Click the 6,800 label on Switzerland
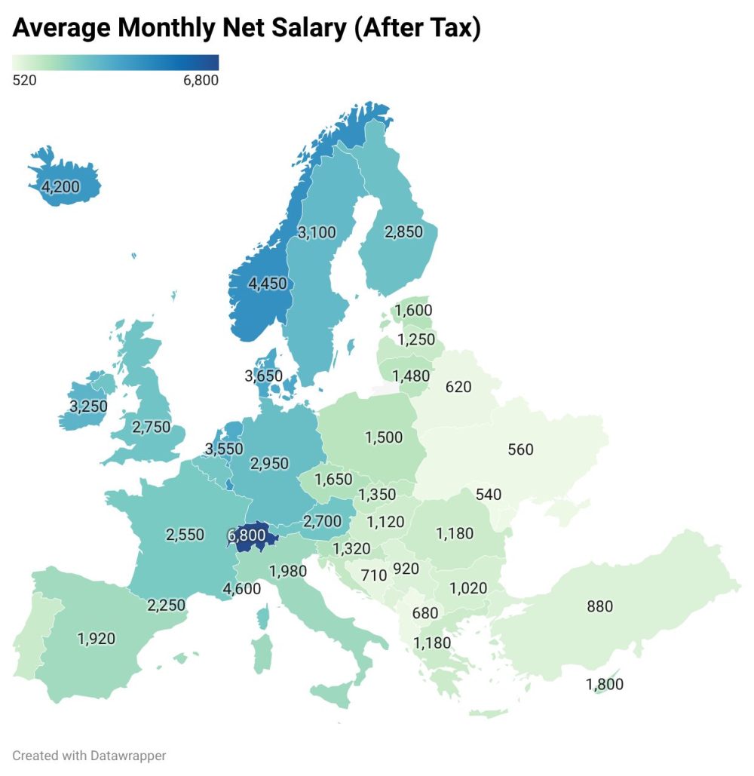[x=246, y=535]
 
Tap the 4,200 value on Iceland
[x=60, y=186]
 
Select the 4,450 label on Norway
[x=268, y=284]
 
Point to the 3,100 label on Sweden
[x=317, y=232]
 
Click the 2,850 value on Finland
[x=403, y=232]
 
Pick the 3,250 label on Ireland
[x=88, y=406]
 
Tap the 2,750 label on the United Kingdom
[x=151, y=427]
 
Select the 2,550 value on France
[x=185, y=535]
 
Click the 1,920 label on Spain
[x=96, y=639]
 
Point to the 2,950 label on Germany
[x=269, y=463]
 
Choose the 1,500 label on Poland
[x=384, y=438]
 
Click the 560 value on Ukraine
[x=520, y=449]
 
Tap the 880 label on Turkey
[x=600, y=606]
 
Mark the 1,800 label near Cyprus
[x=605, y=685]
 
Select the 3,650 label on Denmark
[x=263, y=376]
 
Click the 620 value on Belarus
[x=458, y=387]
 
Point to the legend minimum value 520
[x=25, y=80]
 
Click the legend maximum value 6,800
[x=201, y=80]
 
